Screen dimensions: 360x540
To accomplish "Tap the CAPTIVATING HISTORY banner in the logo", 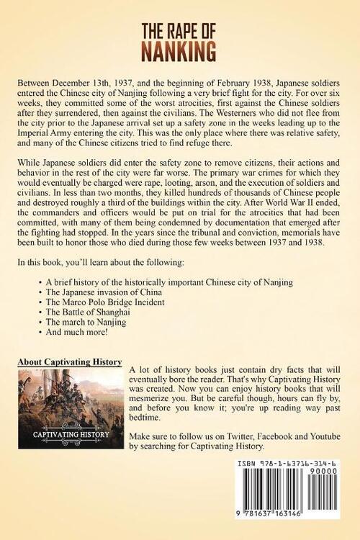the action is pos(69,434).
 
